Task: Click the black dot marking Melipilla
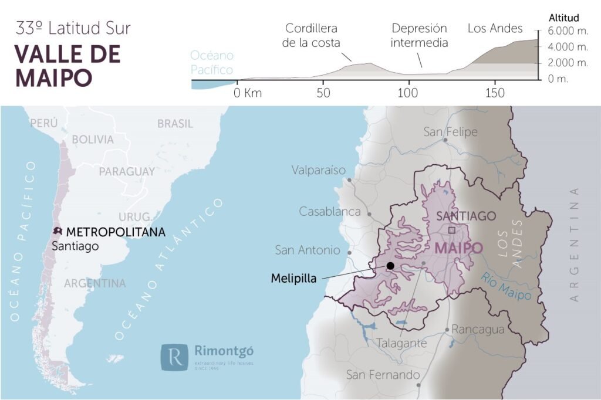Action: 390,266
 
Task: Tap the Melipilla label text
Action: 293,279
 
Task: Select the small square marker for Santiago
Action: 451,230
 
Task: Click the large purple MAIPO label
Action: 458,248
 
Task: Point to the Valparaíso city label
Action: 319,170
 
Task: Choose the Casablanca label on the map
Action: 329,211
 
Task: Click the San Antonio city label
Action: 308,250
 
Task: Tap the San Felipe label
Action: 451,132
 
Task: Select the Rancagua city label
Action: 478,330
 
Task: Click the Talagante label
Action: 401,343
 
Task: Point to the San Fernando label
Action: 383,375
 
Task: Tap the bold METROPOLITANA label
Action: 116,232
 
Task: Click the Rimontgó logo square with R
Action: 174,358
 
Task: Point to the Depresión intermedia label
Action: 419,35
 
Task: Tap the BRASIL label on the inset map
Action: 175,123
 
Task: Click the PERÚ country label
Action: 44,123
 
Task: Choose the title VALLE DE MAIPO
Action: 67,65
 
